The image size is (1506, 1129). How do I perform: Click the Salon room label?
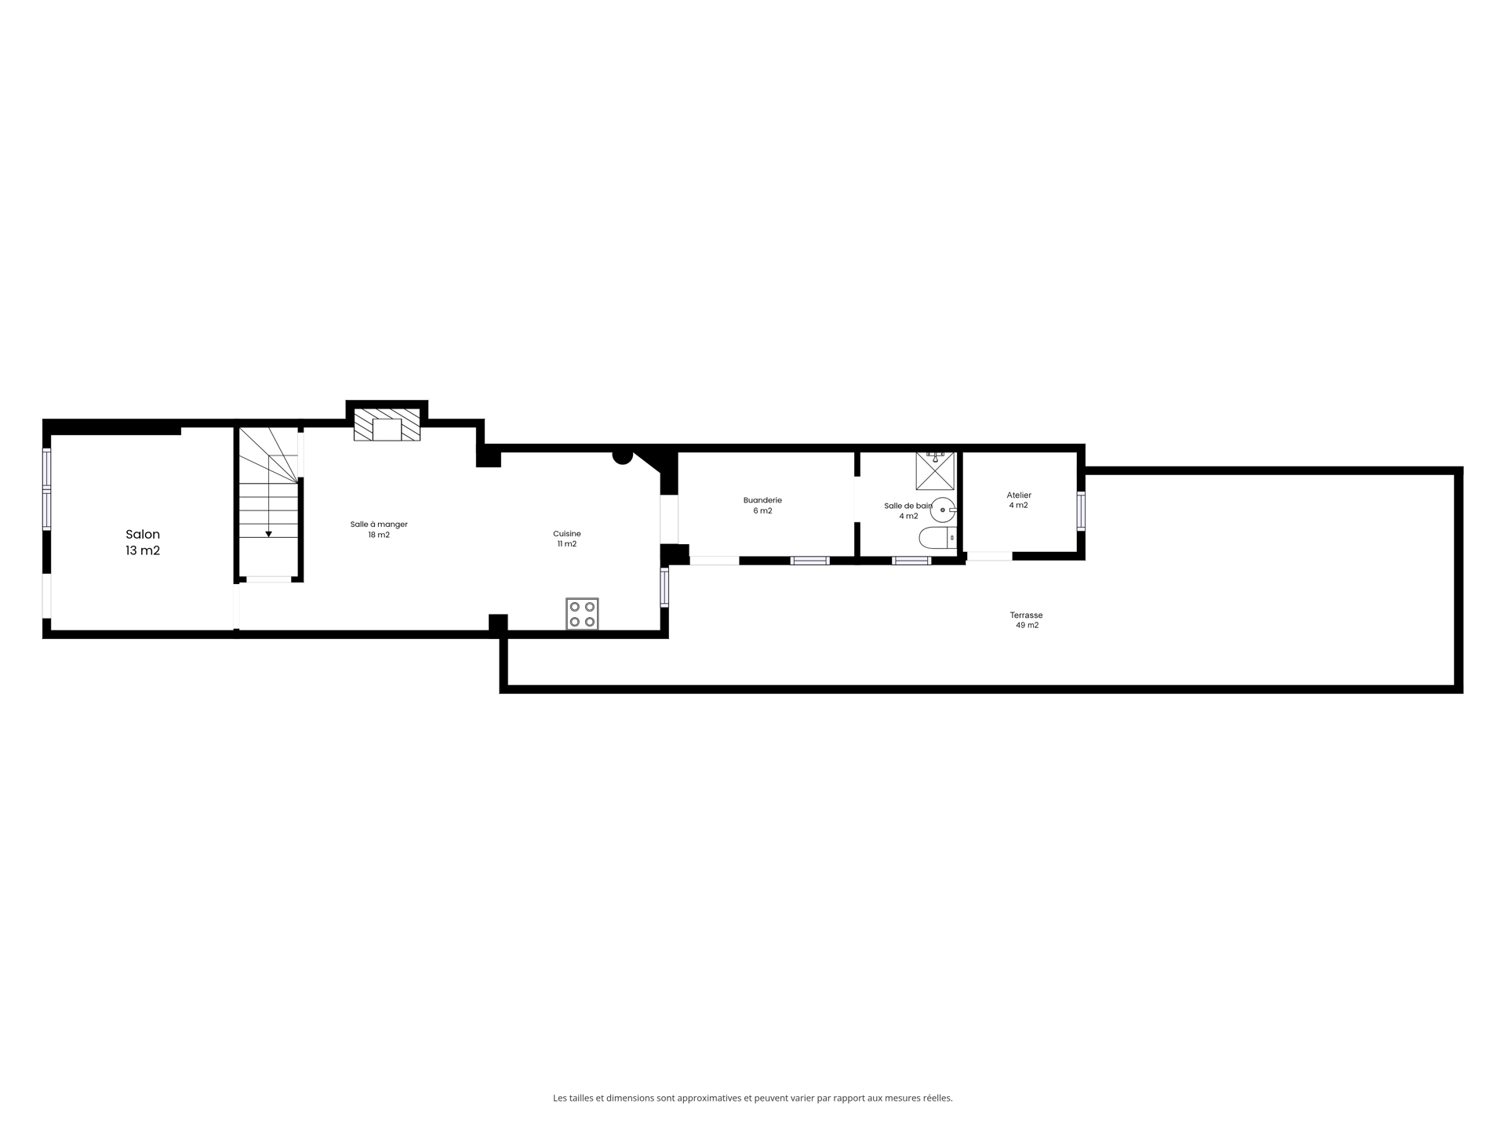(143, 535)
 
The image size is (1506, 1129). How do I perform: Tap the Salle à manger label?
(379, 525)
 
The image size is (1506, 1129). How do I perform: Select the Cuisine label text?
(567, 534)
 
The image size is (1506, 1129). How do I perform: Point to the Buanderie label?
(762, 500)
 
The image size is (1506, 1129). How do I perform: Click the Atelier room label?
(1019, 496)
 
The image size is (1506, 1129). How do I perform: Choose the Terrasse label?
(1027, 615)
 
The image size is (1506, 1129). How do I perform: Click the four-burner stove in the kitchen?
(582, 614)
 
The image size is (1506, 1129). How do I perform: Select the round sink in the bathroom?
(943, 510)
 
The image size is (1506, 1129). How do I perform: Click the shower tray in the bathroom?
(935, 471)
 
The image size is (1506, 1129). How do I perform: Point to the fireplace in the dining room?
(387, 424)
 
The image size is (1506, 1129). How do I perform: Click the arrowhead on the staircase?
(268, 534)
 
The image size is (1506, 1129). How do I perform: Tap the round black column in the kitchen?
(623, 456)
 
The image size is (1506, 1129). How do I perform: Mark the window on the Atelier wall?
(1081, 511)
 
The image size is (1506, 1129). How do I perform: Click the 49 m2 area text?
(1027, 626)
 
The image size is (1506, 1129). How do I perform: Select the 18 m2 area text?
(379, 535)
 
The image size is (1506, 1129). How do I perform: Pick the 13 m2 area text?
(143, 550)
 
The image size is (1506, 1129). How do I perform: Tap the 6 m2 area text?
(762, 511)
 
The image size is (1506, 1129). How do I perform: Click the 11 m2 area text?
(567, 544)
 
